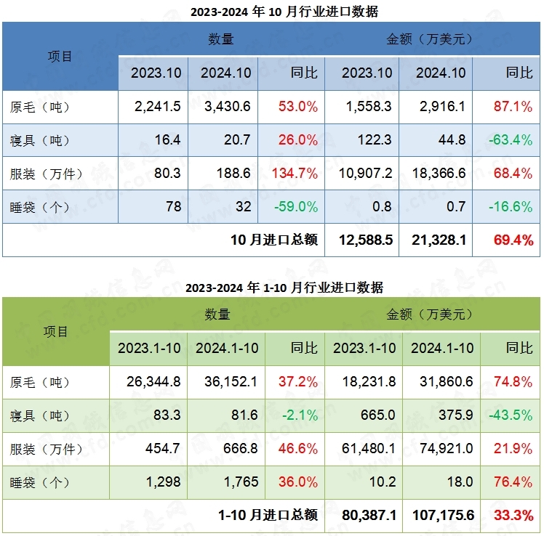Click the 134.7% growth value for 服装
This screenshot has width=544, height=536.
point(294,174)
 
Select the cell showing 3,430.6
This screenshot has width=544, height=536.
point(228,107)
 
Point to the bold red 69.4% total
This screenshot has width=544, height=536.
point(513,240)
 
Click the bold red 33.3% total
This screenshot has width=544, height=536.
point(513,515)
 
